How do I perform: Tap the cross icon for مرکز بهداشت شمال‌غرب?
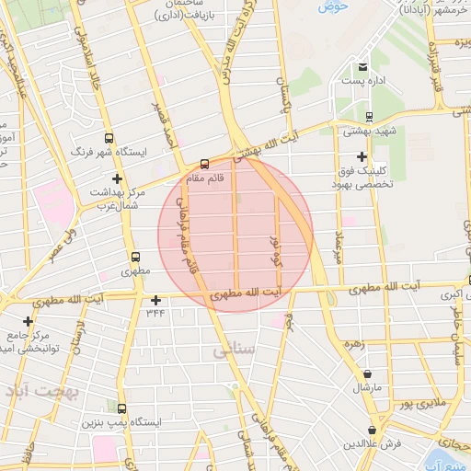pos(116,178)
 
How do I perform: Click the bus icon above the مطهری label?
pos(136,258)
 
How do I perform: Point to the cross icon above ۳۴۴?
pos(155,300)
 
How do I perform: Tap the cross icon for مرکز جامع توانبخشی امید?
pos(29,322)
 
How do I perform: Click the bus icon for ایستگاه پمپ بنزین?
pos(122,408)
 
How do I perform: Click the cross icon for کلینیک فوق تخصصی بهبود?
pos(362,157)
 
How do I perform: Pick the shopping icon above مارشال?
pos(369,374)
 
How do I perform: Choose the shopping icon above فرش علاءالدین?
pos(373,431)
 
